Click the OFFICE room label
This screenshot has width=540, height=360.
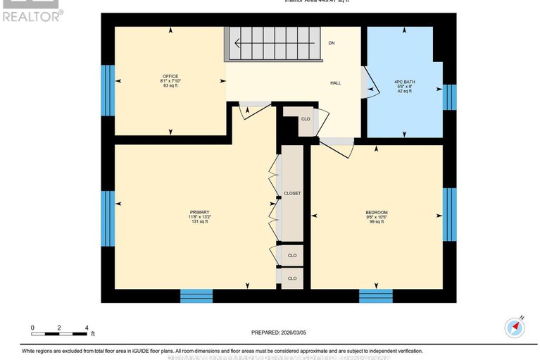[170, 76]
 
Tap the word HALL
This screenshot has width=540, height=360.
[336, 83]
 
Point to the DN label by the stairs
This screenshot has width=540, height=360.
[331, 44]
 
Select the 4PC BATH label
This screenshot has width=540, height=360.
[404, 82]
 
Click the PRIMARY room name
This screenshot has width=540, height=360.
[199, 212]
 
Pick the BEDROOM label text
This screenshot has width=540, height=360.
[376, 213]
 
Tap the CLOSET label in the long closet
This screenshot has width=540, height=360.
[291, 193]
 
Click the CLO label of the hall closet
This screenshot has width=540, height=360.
[305, 119]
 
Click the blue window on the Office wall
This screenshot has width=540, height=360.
[108, 90]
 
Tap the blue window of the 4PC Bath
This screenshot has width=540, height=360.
[449, 97]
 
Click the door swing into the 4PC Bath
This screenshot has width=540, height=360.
[366, 82]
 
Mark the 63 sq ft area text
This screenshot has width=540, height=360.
[170, 86]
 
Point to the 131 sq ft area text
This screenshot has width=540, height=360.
[199, 222]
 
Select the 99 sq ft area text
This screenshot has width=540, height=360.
[376, 223]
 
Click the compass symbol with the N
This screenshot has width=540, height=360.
[515, 327]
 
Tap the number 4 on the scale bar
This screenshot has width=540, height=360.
[86, 328]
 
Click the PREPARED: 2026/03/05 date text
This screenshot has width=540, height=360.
[280, 333]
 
